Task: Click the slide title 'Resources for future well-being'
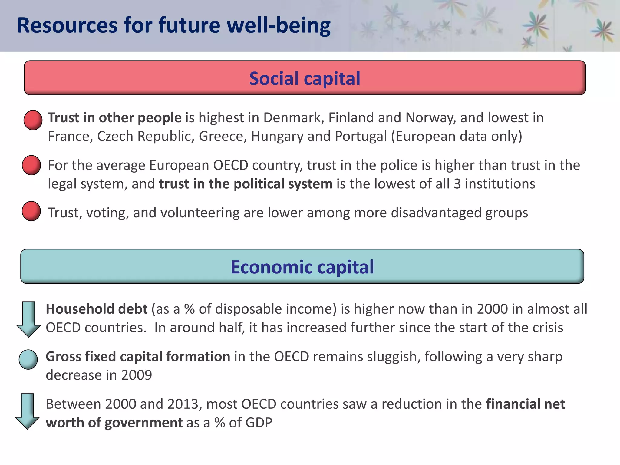coord(173,25)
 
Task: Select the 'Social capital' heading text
coord(305,79)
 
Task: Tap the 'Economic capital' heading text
coord(302,267)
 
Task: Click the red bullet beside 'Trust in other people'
coord(33,120)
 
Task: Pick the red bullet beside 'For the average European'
coord(31,165)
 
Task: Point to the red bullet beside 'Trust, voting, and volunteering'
coord(31,211)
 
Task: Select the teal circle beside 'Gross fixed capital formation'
coord(28,360)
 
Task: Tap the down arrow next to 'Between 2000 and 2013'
coord(28,411)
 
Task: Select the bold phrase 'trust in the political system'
coord(246,184)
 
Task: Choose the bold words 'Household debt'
coord(97,309)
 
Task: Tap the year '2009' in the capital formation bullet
coord(137,375)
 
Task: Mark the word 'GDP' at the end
coord(259,423)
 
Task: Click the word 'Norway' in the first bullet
coord(430,118)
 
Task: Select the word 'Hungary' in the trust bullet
coord(277,137)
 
